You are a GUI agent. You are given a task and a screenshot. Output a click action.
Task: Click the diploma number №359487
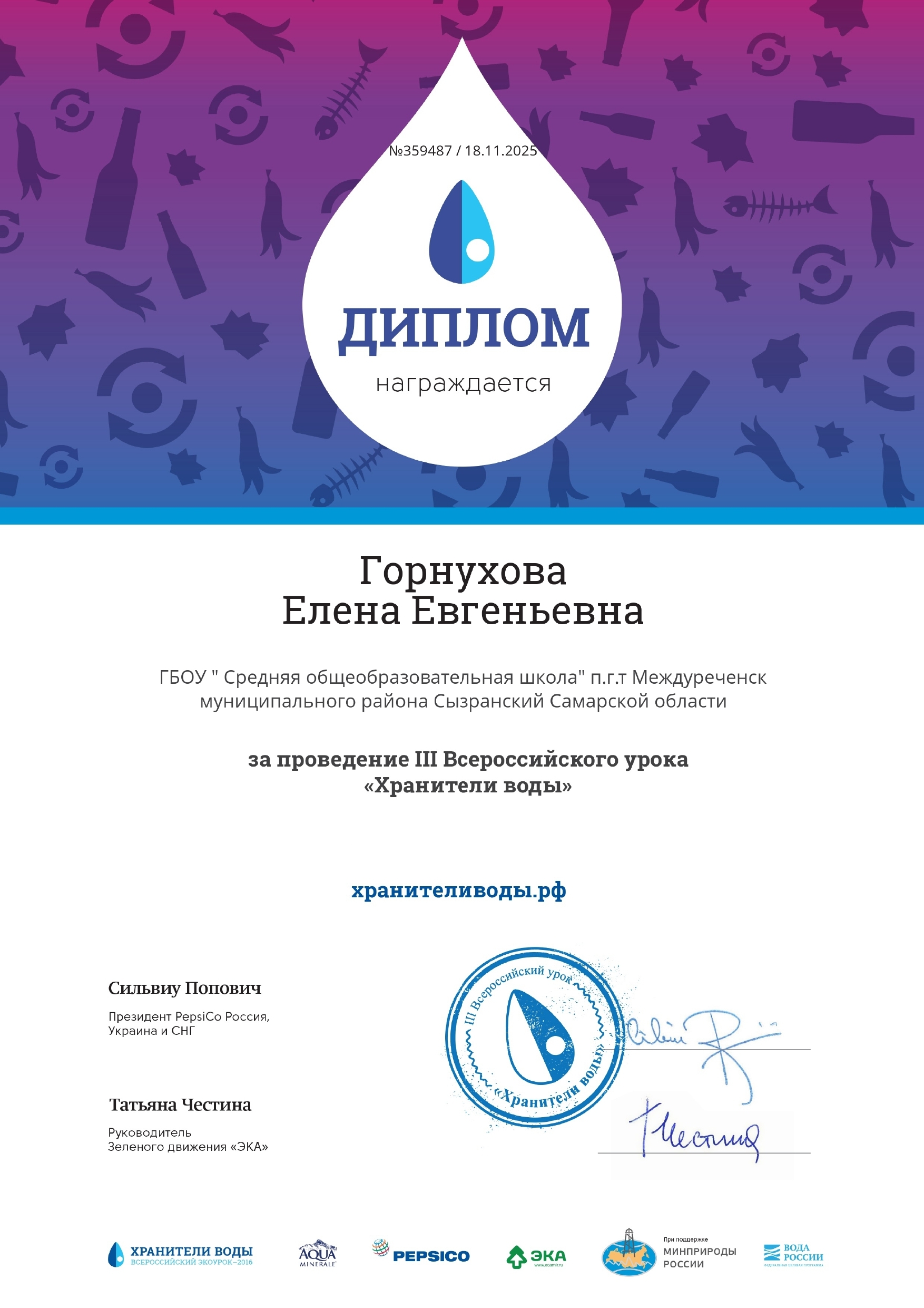pyautogui.click(x=420, y=151)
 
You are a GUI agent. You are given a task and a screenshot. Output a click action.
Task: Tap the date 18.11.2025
pyautogui.click(x=500, y=151)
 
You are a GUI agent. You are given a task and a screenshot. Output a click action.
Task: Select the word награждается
pyautogui.click(x=463, y=384)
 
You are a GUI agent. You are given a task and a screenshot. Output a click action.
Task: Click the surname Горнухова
pyautogui.click(x=463, y=571)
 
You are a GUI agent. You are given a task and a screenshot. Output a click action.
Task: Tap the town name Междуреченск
pyautogui.click(x=699, y=677)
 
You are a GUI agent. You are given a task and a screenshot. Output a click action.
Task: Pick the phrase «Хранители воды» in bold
pyautogui.click(x=467, y=786)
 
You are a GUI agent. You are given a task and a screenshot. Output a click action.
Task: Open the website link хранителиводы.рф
pyautogui.click(x=458, y=890)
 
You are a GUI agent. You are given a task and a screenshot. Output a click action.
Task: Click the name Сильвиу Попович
pyautogui.click(x=184, y=989)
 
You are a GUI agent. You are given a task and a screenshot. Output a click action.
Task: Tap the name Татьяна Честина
pyautogui.click(x=180, y=1105)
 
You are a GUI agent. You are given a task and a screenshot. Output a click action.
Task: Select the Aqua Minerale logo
pyautogui.click(x=317, y=1254)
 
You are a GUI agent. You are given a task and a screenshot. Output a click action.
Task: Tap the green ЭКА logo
pyautogui.click(x=536, y=1257)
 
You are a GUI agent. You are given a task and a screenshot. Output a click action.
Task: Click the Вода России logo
pyautogui.click(x=793, y=1256)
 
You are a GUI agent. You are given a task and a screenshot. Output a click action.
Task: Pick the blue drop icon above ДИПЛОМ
pyautogui.click(x=461, y=232)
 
